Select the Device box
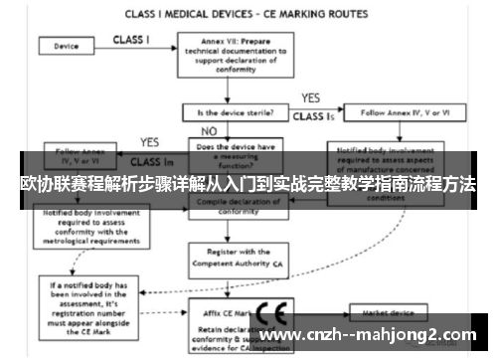[x=67, y=46]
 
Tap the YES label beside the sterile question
[x=309, y=97]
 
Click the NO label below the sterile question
[x=208, y=131]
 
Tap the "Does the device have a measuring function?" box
[x=235, y=155]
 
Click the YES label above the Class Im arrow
[x=150, y=142]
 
